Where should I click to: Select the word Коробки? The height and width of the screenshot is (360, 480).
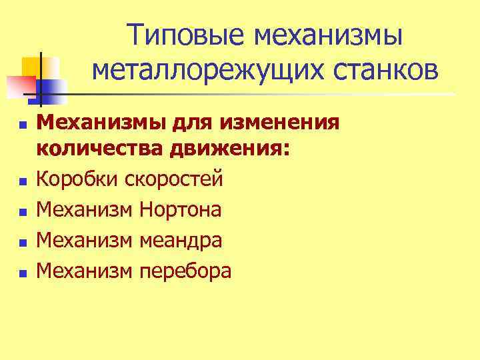click(x=75, y=179)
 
